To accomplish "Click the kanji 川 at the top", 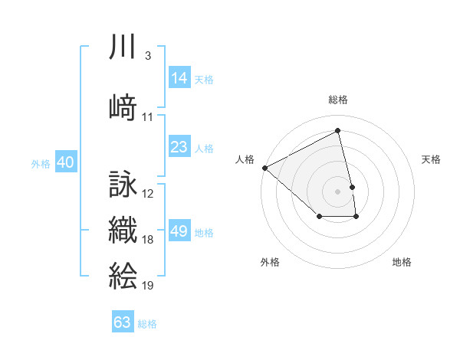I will pyautogui.click(x=123, y=47).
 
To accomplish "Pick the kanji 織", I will pyautogui.click(x=123, y=230).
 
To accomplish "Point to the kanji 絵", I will pyautogui.click(x=123, y=274).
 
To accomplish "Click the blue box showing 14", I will pyautogui.click(x=179, y=78).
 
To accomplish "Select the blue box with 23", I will pyautogui.click(x=179, y=148).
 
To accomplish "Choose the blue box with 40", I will pyautogui.click(x=65, y=162).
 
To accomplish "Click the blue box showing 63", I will pyautogui.click(x=123, y=322).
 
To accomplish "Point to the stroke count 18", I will pyautogui.click(x=148, y=240).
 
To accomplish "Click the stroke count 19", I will pyautogui.click(x=148, y=285).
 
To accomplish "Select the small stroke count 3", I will pyautogui.click(x=147, y=56).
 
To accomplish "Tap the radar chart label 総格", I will pyautogui.click(x=338, y=100).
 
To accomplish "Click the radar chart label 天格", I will pyautogui.click(x=432, y=159).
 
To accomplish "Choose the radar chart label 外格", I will pyautogui.click(x=270, y=263).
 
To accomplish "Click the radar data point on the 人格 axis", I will pyautogui.click(x=264, y=168).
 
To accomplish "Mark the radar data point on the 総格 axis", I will pyautogui.click(x=338, y=130).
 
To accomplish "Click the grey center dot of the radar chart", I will pyautogui.click(x=338, y=191).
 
